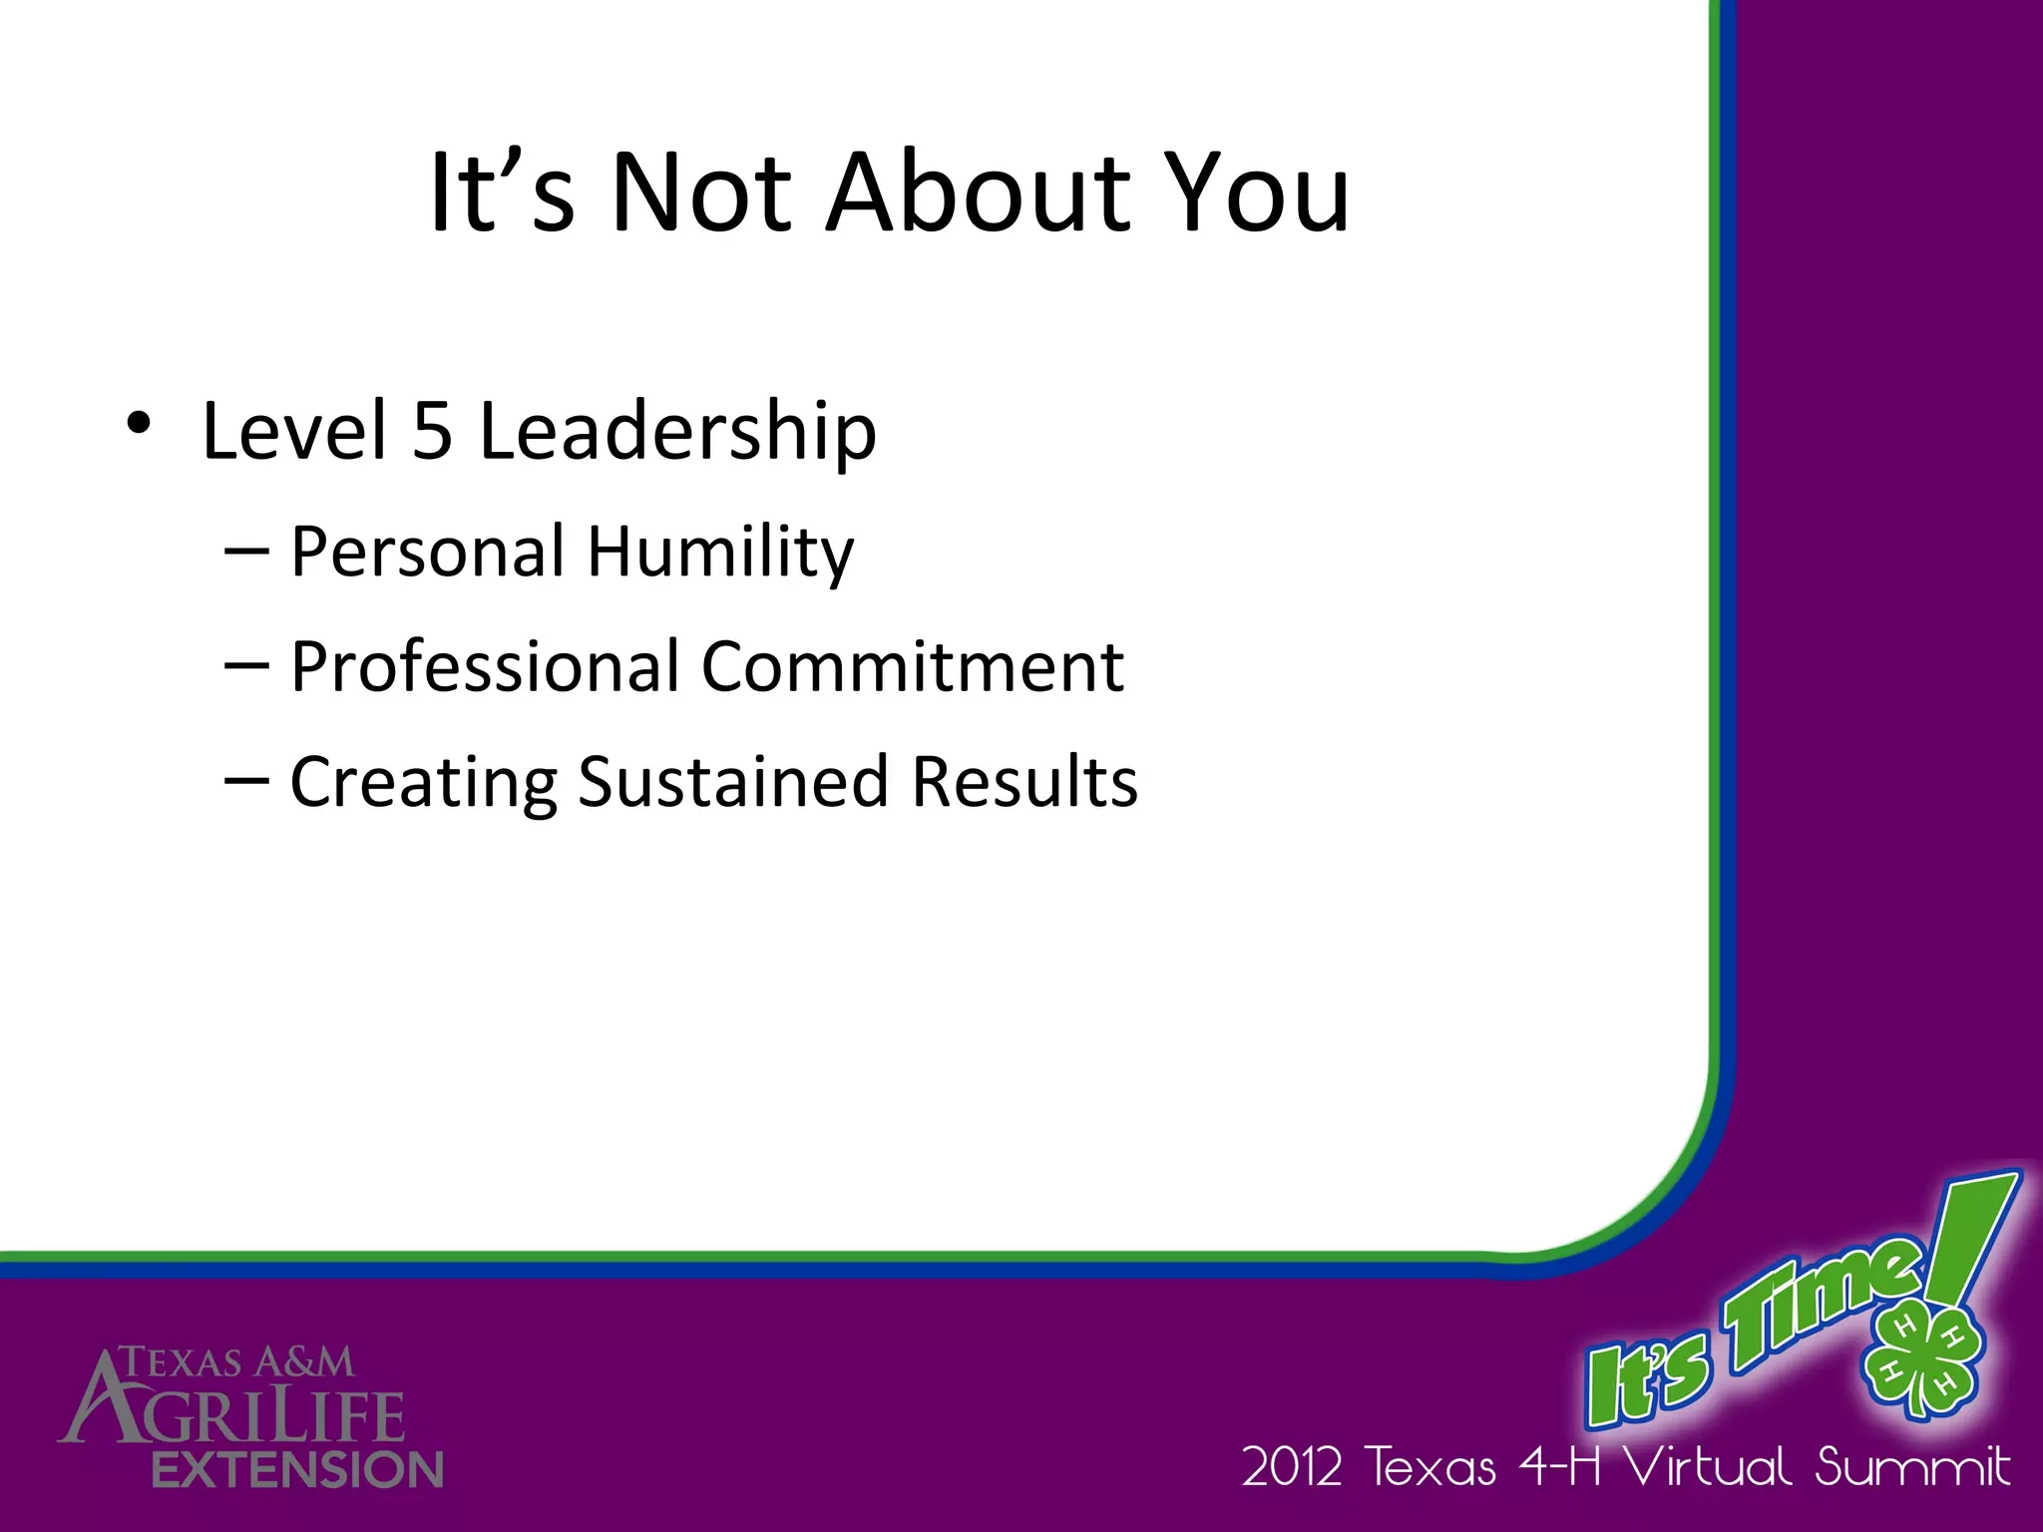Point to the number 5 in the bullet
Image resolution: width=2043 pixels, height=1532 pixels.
(x=432, y=431)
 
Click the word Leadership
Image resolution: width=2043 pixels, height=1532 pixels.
(x=677, y=431)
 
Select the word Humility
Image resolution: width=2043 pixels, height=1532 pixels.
(x=720, y=552)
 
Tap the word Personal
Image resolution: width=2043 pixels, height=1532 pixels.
(x=428, y=552)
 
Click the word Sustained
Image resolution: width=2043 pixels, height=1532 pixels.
(x=732, y=781)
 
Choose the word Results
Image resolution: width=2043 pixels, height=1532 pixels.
(x=1024, y=781)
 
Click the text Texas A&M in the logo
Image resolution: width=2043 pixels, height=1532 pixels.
(x=236, y=1361)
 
